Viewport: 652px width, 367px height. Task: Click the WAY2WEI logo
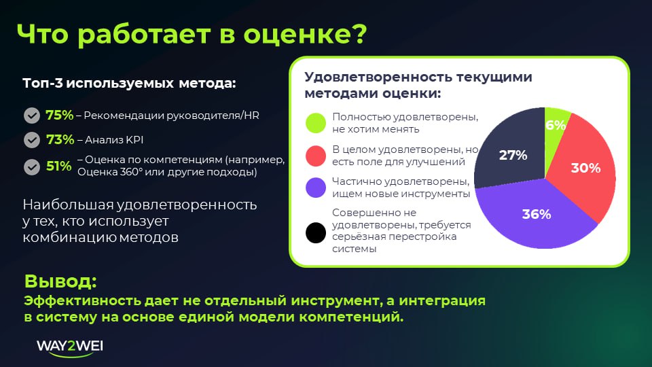[x=70, y=347]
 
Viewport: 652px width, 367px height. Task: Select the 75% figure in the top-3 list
[x=59, y=116]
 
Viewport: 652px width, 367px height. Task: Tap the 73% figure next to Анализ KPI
[x=59, y=140]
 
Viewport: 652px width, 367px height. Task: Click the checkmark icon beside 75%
[x=31, y=116]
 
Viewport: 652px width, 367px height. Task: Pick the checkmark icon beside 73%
[x=31, y=140]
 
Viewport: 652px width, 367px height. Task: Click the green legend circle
[x=316, y=123]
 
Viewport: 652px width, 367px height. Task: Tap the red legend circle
[x=316, y=156]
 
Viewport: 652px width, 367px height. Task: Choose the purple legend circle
[x=316, y=188]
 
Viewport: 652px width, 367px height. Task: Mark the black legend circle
[x=316, y=232]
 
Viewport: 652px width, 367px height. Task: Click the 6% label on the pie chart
[x=556, y=125]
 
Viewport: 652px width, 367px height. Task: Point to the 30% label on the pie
[x=585, y=168]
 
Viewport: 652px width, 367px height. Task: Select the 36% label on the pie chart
[x=536, y=214]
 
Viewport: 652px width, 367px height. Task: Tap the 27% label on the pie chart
[x=513, y=155]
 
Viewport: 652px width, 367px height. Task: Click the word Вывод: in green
[x=60, y=281]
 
